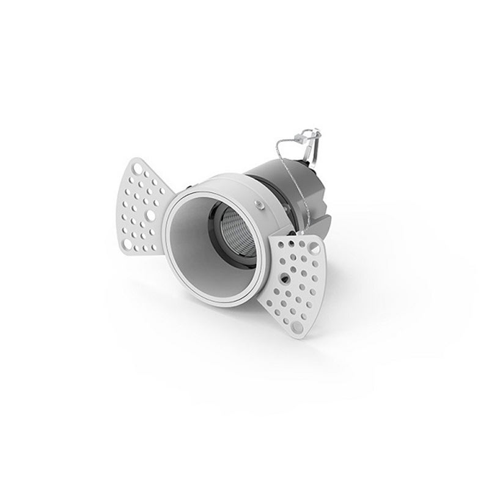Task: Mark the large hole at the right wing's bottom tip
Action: (296, 327)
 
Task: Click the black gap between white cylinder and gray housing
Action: (260, 180)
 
